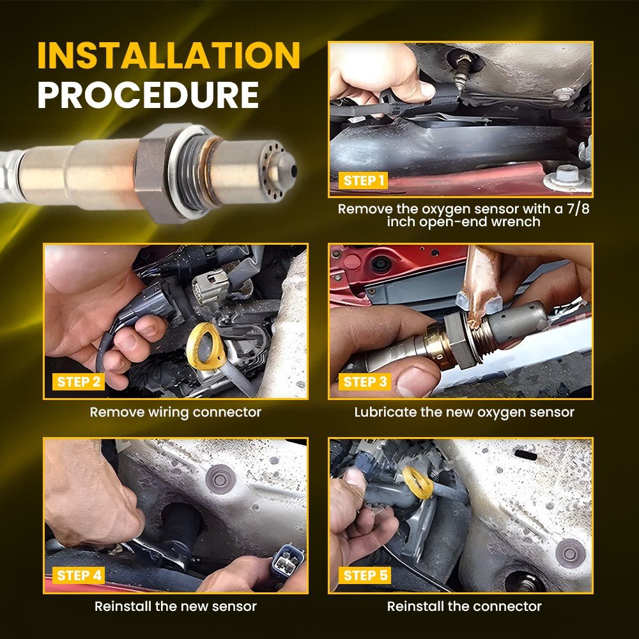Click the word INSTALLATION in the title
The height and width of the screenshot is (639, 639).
[x=169, y=56]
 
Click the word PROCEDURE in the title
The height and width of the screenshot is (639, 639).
[x=148, y=95]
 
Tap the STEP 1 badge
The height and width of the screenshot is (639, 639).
[x=363, y=181]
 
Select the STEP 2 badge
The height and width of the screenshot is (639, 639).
[x=78, y=382]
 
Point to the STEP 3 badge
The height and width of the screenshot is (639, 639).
[x=365, y=382]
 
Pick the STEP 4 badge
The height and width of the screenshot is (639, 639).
[x=79, y=576]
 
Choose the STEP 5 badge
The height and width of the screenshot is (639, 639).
[x=365, y=576]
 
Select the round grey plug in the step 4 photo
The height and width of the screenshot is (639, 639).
[x=220, y=479]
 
